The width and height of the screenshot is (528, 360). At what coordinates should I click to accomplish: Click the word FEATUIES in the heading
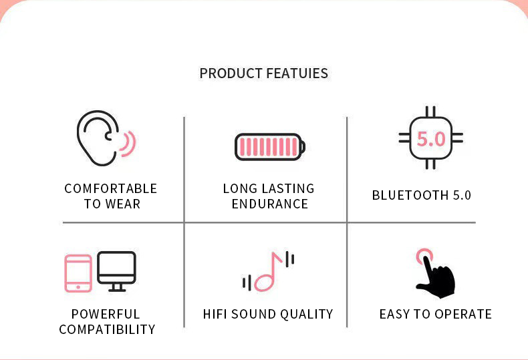pos(297,73)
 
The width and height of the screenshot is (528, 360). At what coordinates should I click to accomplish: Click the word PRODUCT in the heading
pos(231,73)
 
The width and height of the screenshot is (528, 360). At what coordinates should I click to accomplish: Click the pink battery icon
pos(270,147)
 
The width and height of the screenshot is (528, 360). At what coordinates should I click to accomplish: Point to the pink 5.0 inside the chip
pos(431,139)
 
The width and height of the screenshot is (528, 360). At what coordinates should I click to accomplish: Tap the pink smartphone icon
pos(78,273)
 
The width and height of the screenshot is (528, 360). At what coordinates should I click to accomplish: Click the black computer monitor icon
pos(116,271)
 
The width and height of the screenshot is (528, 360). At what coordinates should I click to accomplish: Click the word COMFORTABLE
pos(111,189)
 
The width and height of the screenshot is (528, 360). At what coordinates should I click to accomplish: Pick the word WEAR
pos(123,204)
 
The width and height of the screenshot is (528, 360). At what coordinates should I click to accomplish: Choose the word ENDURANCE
pos(270,204)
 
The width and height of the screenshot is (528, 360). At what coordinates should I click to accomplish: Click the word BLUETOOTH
pos(410,196)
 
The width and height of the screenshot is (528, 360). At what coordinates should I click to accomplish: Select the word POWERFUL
pos(106,314)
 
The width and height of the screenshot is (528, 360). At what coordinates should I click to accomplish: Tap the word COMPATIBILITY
pos(107,329)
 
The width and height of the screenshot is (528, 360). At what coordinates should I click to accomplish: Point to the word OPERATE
pos(463,314)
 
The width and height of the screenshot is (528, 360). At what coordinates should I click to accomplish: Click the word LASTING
pos(287,189)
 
